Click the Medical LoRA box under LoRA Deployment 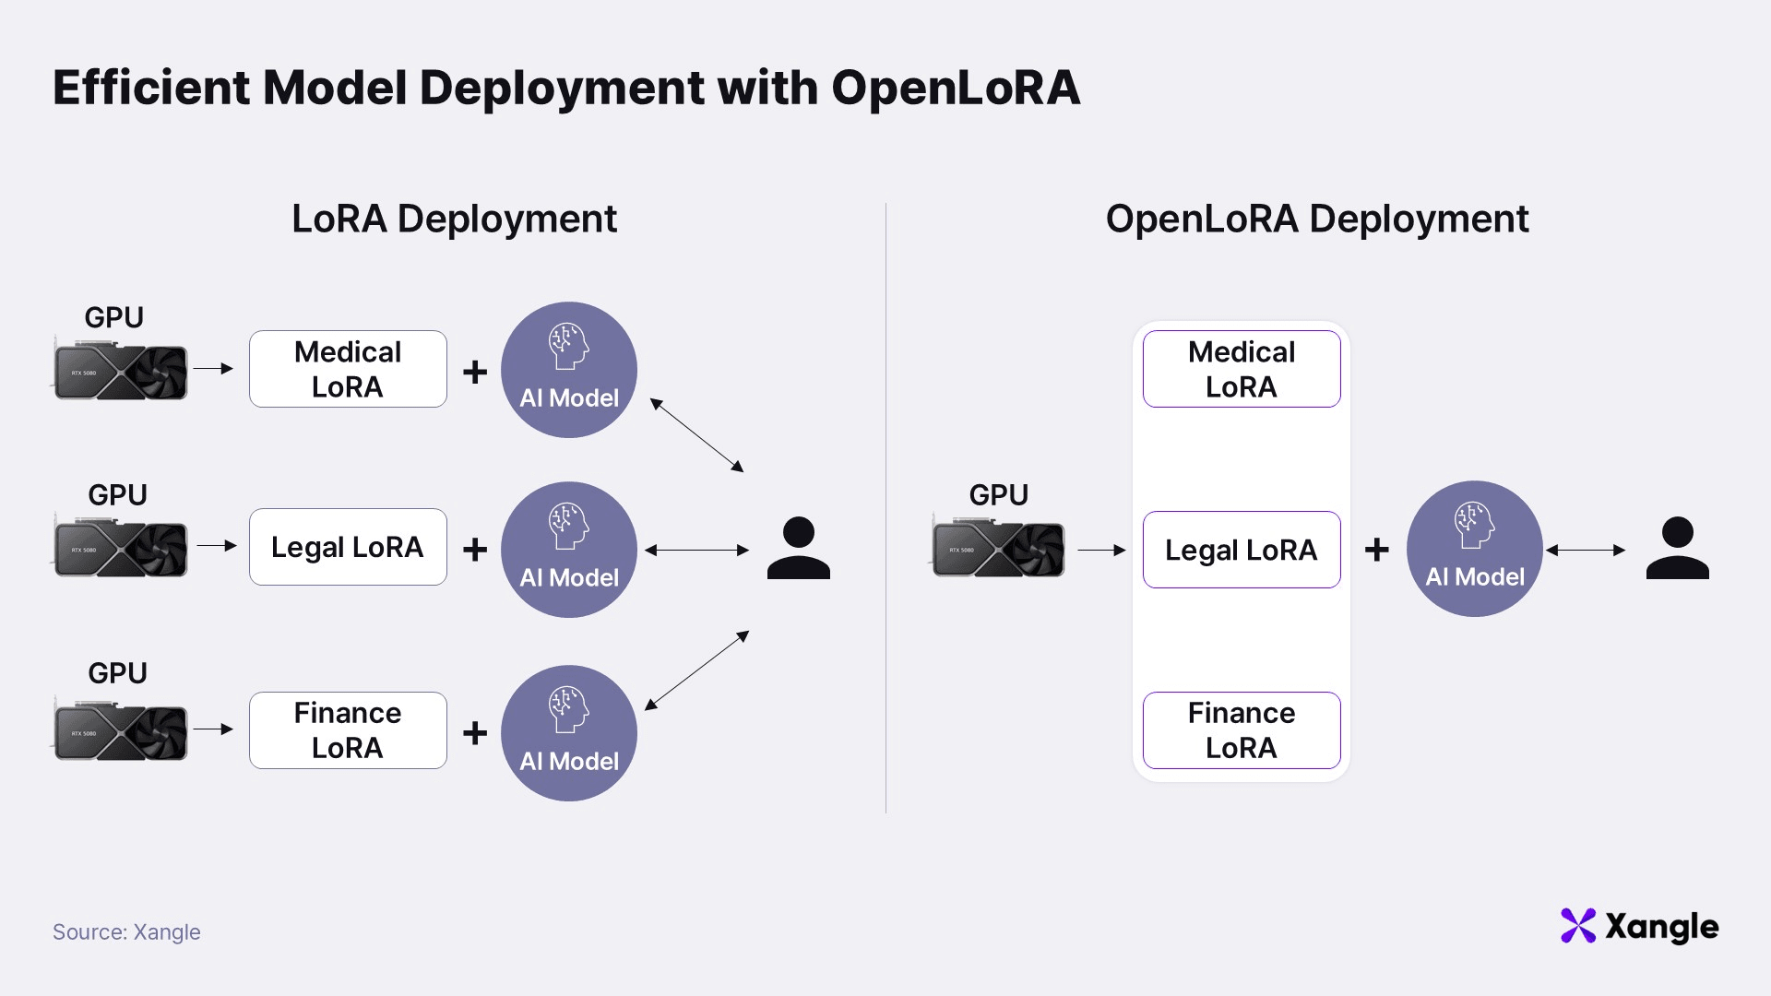point(348,369)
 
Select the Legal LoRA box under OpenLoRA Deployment point(1241,550)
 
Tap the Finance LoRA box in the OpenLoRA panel point(1241,730)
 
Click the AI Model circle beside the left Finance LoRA point(569,733)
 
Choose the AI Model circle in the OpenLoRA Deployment point(1474,549)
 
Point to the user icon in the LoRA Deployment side point(798,548)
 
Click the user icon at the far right point(1677,548)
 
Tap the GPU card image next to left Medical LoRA point(121,371)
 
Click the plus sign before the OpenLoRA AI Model point(1376,550)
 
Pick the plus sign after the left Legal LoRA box point(475,550)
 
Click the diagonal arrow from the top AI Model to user point(696,435)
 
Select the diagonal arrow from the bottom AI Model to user point(696,670)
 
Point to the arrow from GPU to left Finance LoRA point(213,729)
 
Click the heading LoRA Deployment point(454,219)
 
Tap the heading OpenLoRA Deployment point(1316,219)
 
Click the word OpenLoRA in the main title point(955,89)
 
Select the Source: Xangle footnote point(126,932)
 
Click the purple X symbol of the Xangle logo point(1577,926)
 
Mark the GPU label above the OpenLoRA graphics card point(998,495)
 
